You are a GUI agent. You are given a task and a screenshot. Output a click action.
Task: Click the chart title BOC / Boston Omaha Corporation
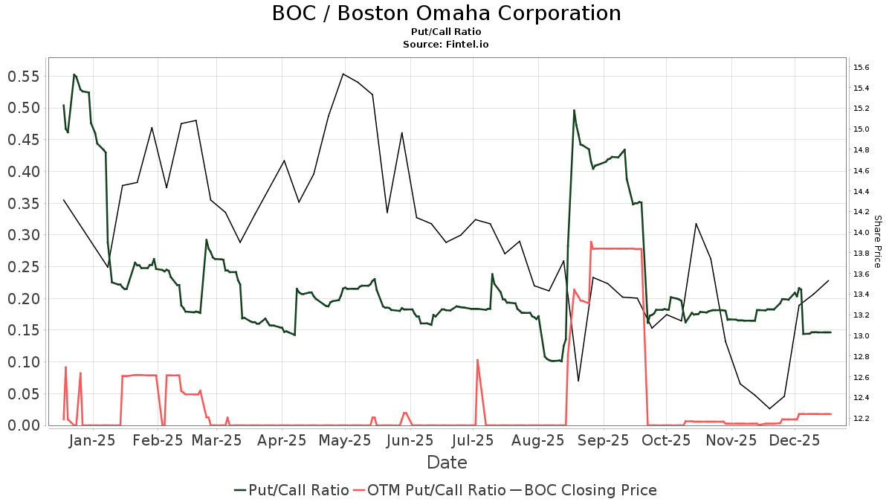point(446,13)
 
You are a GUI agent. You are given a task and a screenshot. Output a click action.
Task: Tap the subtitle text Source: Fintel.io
point(446,45)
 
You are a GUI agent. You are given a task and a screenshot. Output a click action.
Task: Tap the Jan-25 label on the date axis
point(91,441)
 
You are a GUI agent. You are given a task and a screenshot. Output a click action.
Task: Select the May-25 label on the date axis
point(346,441)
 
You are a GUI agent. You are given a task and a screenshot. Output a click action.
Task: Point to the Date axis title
point(447,463)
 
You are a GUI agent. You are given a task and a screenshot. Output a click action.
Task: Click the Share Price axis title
point(877,242)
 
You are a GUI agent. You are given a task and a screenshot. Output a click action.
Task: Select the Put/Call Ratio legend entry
point(291,490)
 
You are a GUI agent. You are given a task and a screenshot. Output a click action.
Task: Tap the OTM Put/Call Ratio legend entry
point(429,490)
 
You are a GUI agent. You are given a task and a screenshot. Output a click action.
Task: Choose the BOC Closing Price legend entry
point(583,490)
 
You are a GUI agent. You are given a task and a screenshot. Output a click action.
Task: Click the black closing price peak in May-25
point(343,74)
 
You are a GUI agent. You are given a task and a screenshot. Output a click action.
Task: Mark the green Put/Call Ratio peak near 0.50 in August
point(574,110)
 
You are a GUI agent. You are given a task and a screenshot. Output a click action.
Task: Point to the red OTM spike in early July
point(477,360)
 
